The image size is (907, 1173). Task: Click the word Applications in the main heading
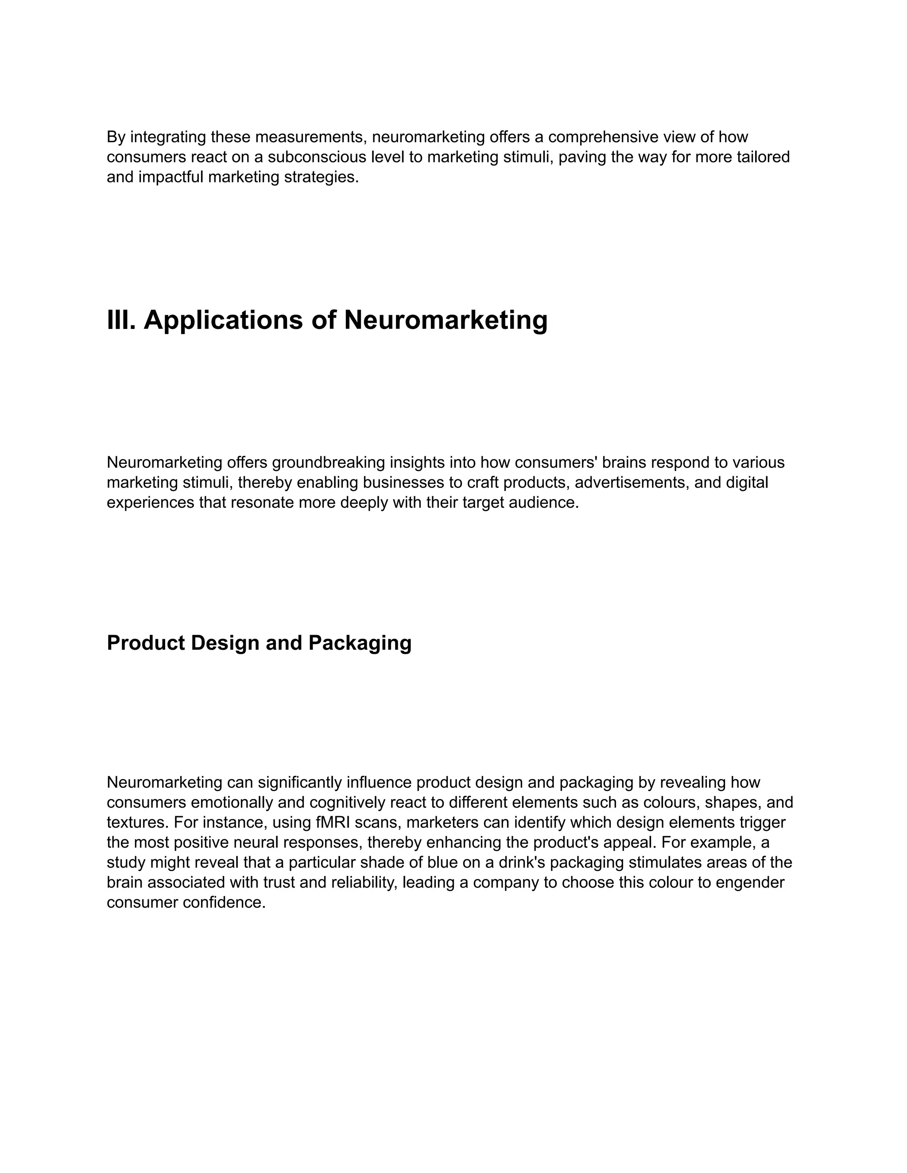click(223, 320)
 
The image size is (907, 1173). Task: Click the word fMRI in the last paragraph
click(333, 822)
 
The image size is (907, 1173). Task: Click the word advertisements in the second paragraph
click(632, 482)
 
